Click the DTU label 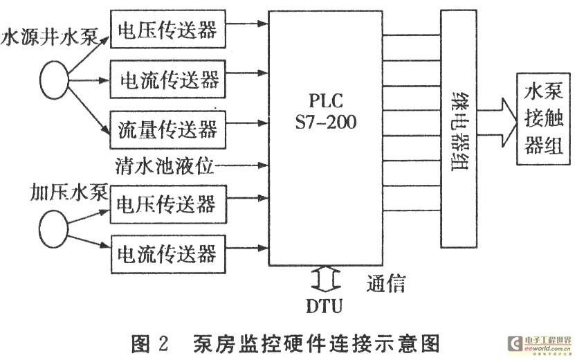(323, 304)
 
